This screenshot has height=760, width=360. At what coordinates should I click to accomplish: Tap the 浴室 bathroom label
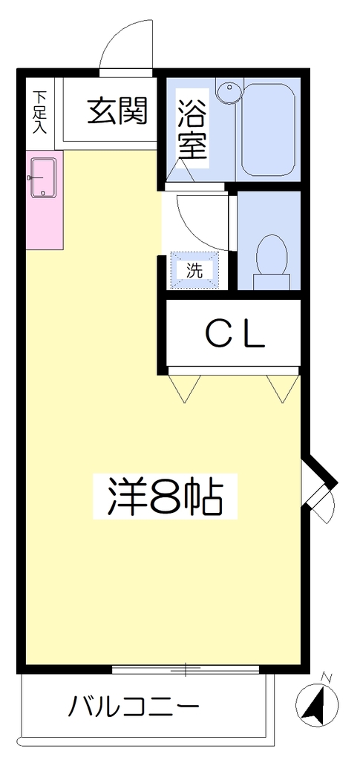pos(192,129)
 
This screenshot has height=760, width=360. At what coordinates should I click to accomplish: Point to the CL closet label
pos(235,335)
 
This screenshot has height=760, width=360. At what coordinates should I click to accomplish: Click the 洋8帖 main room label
pos(165,496)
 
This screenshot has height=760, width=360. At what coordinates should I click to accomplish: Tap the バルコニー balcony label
pos(134,707)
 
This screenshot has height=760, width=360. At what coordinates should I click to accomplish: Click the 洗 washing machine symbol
pos(194,271)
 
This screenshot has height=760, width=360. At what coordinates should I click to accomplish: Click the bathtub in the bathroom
pos(268,129)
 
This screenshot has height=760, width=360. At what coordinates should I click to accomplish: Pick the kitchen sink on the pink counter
pos(44,178)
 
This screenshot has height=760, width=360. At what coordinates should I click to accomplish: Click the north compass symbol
pos(317,704)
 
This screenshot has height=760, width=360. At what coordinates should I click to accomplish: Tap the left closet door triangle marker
pos(184,388)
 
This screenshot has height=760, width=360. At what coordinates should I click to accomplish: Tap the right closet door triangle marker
pos(283,388)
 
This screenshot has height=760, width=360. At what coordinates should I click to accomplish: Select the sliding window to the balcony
pos(186,669)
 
